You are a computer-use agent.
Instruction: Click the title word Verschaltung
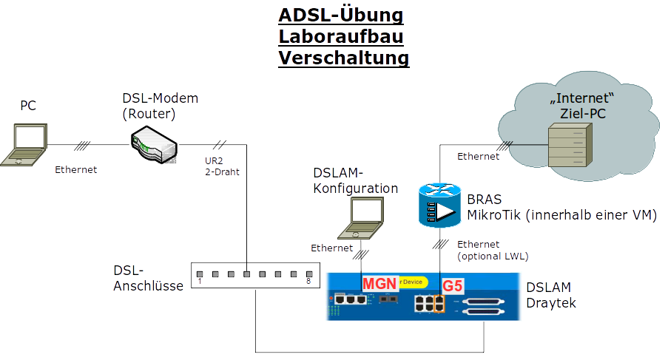344,57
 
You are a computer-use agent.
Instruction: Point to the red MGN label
379,285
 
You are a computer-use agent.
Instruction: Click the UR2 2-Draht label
221,166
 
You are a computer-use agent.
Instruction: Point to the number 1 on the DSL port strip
200,281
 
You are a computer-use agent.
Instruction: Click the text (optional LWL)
493,256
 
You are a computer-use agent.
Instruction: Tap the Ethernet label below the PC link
75,169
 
